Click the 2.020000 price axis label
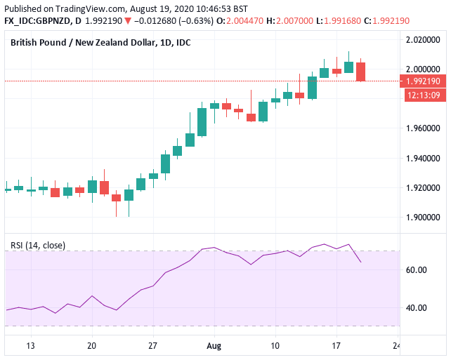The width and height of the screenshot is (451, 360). [424, 41]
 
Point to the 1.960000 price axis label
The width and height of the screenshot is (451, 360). [424, 128]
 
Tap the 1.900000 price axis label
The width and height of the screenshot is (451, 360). [424, 218]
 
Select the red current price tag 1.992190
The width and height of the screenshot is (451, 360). [424, 81]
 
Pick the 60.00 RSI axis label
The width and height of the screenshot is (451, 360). [416, 270]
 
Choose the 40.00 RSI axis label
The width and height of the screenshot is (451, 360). [416, 307]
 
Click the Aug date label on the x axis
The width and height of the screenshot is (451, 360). [214, 346]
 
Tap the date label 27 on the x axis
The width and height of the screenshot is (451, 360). [152, 346]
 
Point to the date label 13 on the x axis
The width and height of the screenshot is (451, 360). [30, 346]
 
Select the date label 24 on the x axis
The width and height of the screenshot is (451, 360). [397, 346]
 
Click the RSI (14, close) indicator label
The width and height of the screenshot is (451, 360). [38, 245]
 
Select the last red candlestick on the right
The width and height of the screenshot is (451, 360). [360, 72]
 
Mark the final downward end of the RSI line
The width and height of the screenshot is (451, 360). [360, 262]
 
